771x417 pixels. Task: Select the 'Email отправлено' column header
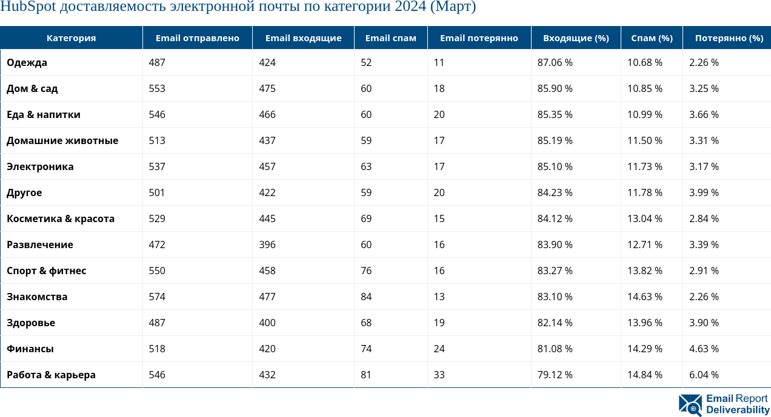click(x=197, y=38)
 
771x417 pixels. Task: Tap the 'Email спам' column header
click(x=390, y=38)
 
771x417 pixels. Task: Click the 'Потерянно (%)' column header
click(x=729, y=38)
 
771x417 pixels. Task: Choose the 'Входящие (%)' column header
click(x=575, y=38)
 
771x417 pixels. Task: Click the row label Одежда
click(x=27, y=62)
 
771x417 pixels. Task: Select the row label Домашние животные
click(x=62, y=140)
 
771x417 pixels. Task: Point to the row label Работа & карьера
click(x=51, y=375)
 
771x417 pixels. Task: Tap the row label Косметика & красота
click(x=61, y=218)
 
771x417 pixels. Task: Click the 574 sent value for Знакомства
click(x=157, y=297)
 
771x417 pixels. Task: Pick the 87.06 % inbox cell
click(x=555, y=62)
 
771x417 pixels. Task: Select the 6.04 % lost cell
click(x=704, y=375)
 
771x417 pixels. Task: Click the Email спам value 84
click(x=366, y=297)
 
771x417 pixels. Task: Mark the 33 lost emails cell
click(x=439, y=375)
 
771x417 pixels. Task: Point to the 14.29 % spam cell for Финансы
click(x=644, y=349)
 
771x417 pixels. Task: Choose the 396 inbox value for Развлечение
click(x=267, y=245)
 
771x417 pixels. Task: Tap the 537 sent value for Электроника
click(x=157, y=166)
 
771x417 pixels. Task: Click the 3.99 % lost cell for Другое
click(x=704, y=192)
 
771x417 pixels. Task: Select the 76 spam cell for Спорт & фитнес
click(x=366, y=271)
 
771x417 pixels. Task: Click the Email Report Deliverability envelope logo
click(x=690, y=404)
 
